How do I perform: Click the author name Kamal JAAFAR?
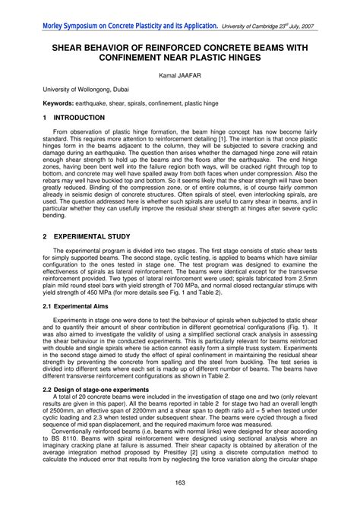pos(180,75)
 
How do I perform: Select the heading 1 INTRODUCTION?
pos(74,119)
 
